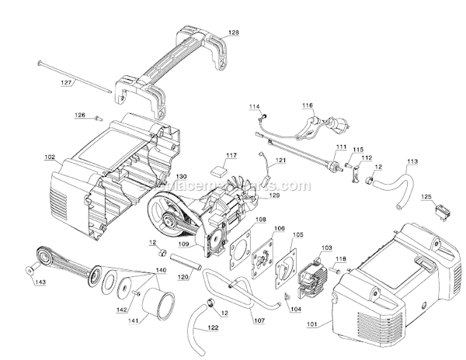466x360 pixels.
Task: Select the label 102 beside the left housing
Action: [x=50, y=157]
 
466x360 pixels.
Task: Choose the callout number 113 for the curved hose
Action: [x=412, y=161]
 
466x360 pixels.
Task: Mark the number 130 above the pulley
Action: [x=181, y=177]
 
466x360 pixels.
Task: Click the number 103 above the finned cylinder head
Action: [x=325, y=247]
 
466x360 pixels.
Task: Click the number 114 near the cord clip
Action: [x=254, y=106]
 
